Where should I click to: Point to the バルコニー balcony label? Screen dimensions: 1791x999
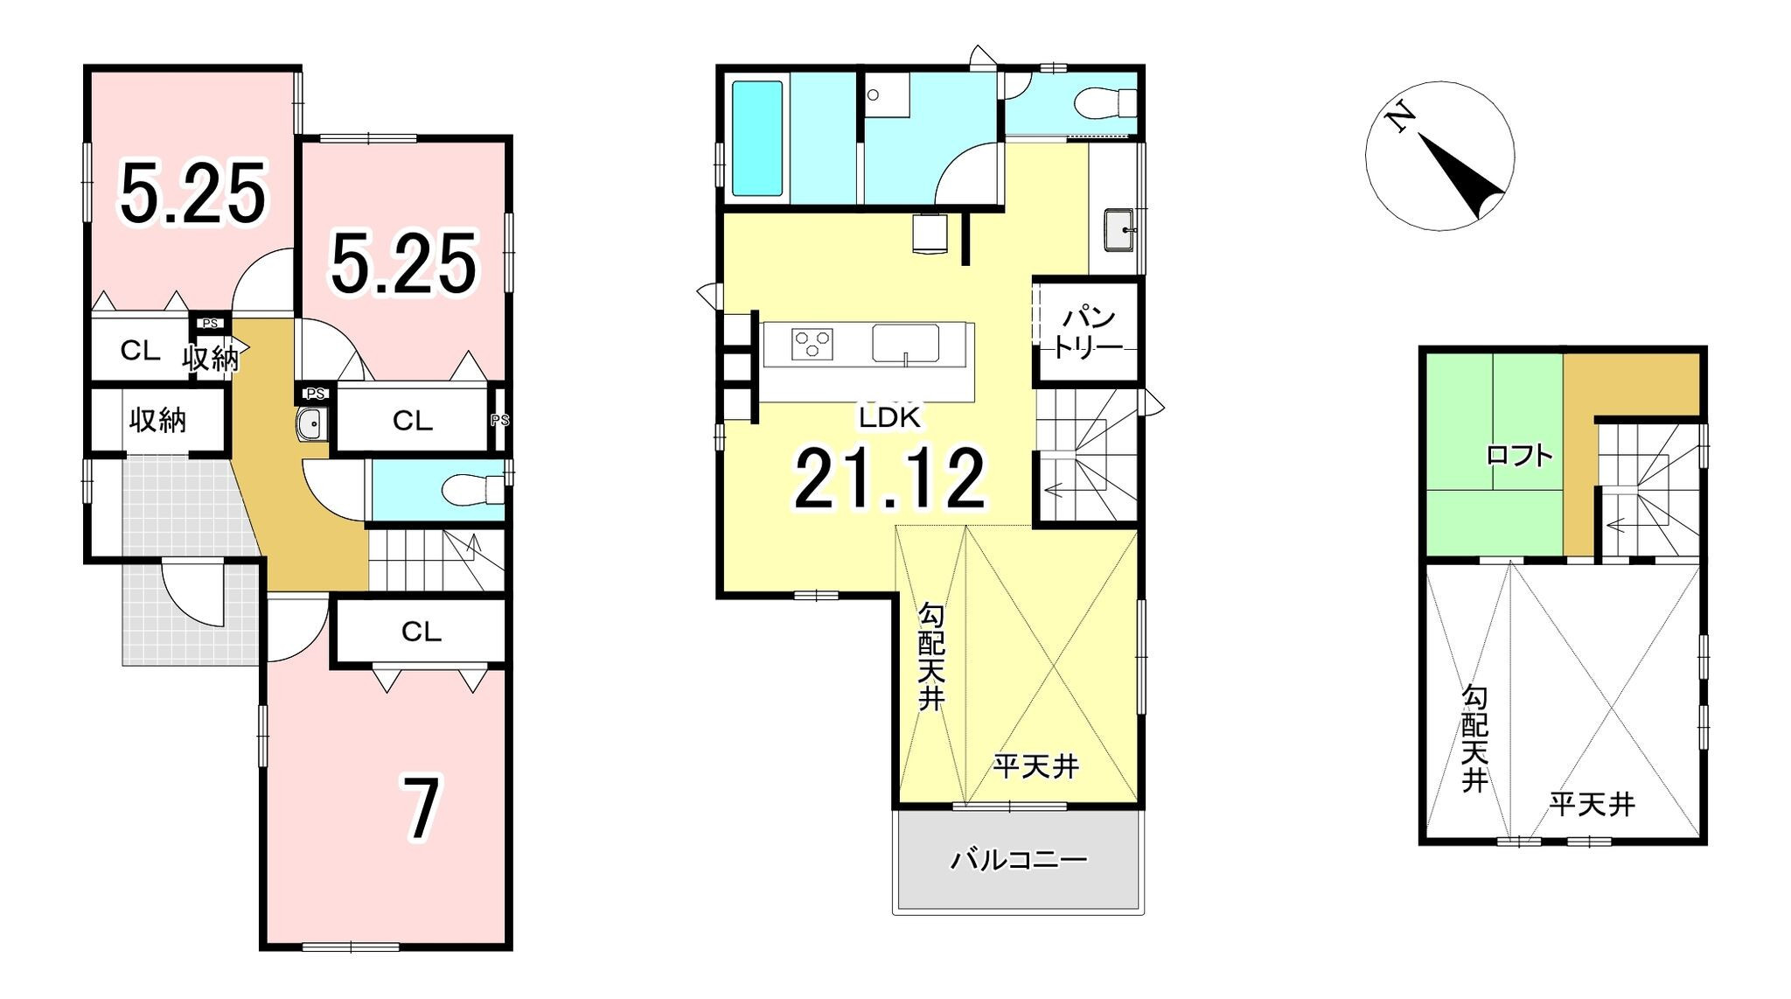(x=1019, y=861)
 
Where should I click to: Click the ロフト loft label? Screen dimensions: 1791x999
(x=1520, y=455)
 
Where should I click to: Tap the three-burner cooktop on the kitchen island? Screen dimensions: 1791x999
(x=812, y=343)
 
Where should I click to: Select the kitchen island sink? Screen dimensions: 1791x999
(x=905, y=342)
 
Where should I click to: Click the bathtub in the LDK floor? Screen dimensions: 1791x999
(x=756, y=138)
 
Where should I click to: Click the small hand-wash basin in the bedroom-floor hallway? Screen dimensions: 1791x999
(x=311, y=424)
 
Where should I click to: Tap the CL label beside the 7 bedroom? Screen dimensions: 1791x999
(x=421, y=632)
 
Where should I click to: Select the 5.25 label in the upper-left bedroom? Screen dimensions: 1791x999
(x=192, y=193)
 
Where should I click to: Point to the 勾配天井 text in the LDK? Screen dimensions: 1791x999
(x=930, y=656)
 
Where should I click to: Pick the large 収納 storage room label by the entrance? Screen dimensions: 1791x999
(x=157, y=420)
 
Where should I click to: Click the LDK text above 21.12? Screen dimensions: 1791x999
(x=889, y=418)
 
